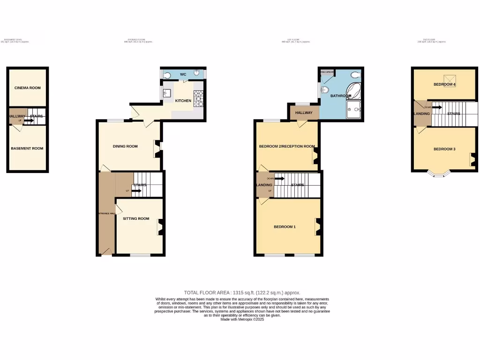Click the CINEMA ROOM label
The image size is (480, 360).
pyautogui.click(x=28, y=88)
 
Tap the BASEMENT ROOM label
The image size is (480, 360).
pyautogui.click(x=27, y=149)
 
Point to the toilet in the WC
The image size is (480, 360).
pyautogui.click(x=168, y=74)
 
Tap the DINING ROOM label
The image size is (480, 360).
pyautogui.click(x=125, y=146)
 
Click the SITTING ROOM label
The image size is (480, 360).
pyautogui.click(x=136, y=218)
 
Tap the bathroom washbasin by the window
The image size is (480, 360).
pyautogui.click(x=324, y=90)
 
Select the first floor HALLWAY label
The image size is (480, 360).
pyautogui.click(x=304, y=113)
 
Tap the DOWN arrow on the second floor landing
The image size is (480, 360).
pyautogui.click(x=437, y=107)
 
